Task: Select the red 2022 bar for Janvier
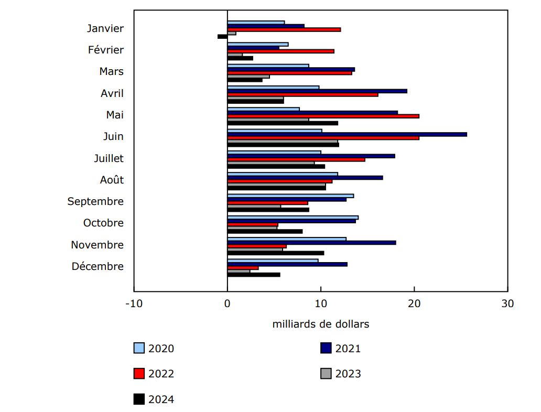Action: tap(283, 29)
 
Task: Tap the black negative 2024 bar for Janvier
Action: tap(222, 36)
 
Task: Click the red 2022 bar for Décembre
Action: tap(242, 268)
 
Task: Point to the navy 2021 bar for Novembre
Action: tap(311, 243)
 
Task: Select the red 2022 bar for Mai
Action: tap(322, 116)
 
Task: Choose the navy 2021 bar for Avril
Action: tap(317, 91)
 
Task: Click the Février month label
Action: tap(106, 50)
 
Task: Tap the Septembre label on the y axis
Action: tap(95, 201)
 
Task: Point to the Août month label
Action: tap(112, 180)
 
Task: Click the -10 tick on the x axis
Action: tap(134, 303)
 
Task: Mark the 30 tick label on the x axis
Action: tap(507, 303)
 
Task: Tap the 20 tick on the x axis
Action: tap(414, 303)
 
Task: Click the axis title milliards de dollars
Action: tap(320, 324)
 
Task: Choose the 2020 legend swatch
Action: tap(139, 348)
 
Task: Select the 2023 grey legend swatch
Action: tap(326, 374)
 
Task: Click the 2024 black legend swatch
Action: tap(139, 399)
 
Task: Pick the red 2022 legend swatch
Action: tap(139, 374)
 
